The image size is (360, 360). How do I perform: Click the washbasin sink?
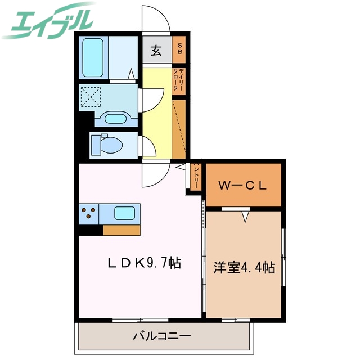[x=116, y=119]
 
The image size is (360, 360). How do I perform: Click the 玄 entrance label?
[x=156, y=51]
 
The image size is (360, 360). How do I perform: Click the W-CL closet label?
[x=242, y=184]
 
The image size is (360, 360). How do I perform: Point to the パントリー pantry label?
[x=196, y=177]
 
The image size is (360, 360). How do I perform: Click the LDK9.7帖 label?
[x=144, y=263]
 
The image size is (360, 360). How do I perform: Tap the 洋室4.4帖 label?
[x=244, y=268]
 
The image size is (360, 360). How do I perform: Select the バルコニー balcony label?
[x=162, y=336]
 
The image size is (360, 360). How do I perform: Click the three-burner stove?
[x=89, y=213]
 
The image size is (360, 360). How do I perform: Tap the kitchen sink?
[x=124, y=213]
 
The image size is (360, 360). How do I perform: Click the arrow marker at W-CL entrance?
[x=245, y=216]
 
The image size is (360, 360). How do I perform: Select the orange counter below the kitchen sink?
[x=121, y=229]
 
